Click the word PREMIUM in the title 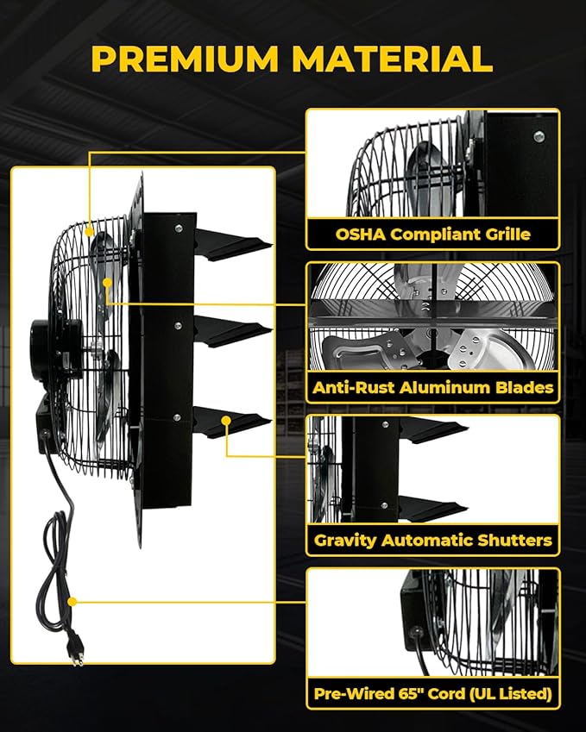(186, 59)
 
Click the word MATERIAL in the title (392, 59)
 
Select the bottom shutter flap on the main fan (226, 422)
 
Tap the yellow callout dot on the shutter (227, 421)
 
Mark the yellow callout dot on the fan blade (105, 282)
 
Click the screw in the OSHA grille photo (539, 135)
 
